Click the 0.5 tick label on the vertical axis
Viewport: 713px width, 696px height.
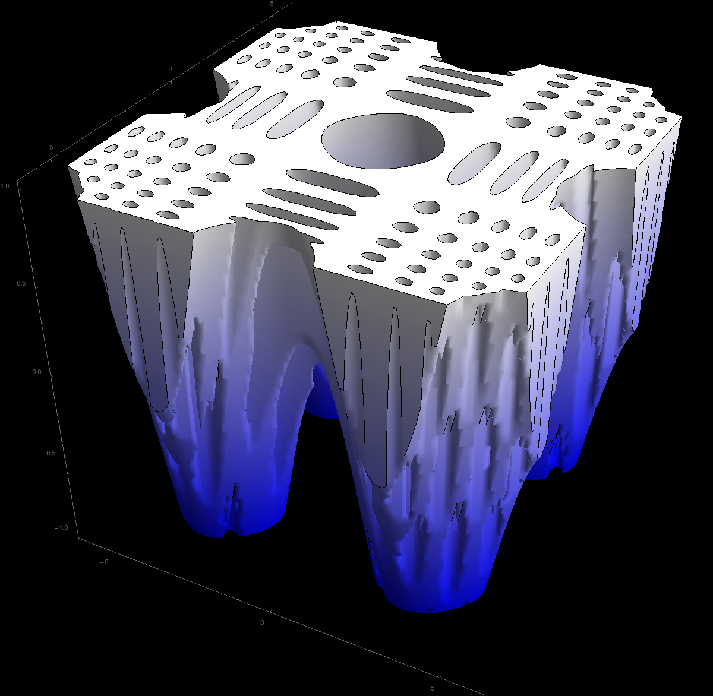pos(21,283)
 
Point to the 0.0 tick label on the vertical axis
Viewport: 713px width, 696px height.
pos(37,372)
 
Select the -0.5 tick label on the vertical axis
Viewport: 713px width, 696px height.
pos(48,453)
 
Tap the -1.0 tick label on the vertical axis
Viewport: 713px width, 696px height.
pos(60,527)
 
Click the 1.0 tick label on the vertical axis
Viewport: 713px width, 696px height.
pos(4,186)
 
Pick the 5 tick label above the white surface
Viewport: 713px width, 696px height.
pos(272,4)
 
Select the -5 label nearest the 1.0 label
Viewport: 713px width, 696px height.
pos(48,147)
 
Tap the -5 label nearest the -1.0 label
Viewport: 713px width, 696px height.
pos(104,562)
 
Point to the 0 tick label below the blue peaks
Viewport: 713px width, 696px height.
pos(262,622)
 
